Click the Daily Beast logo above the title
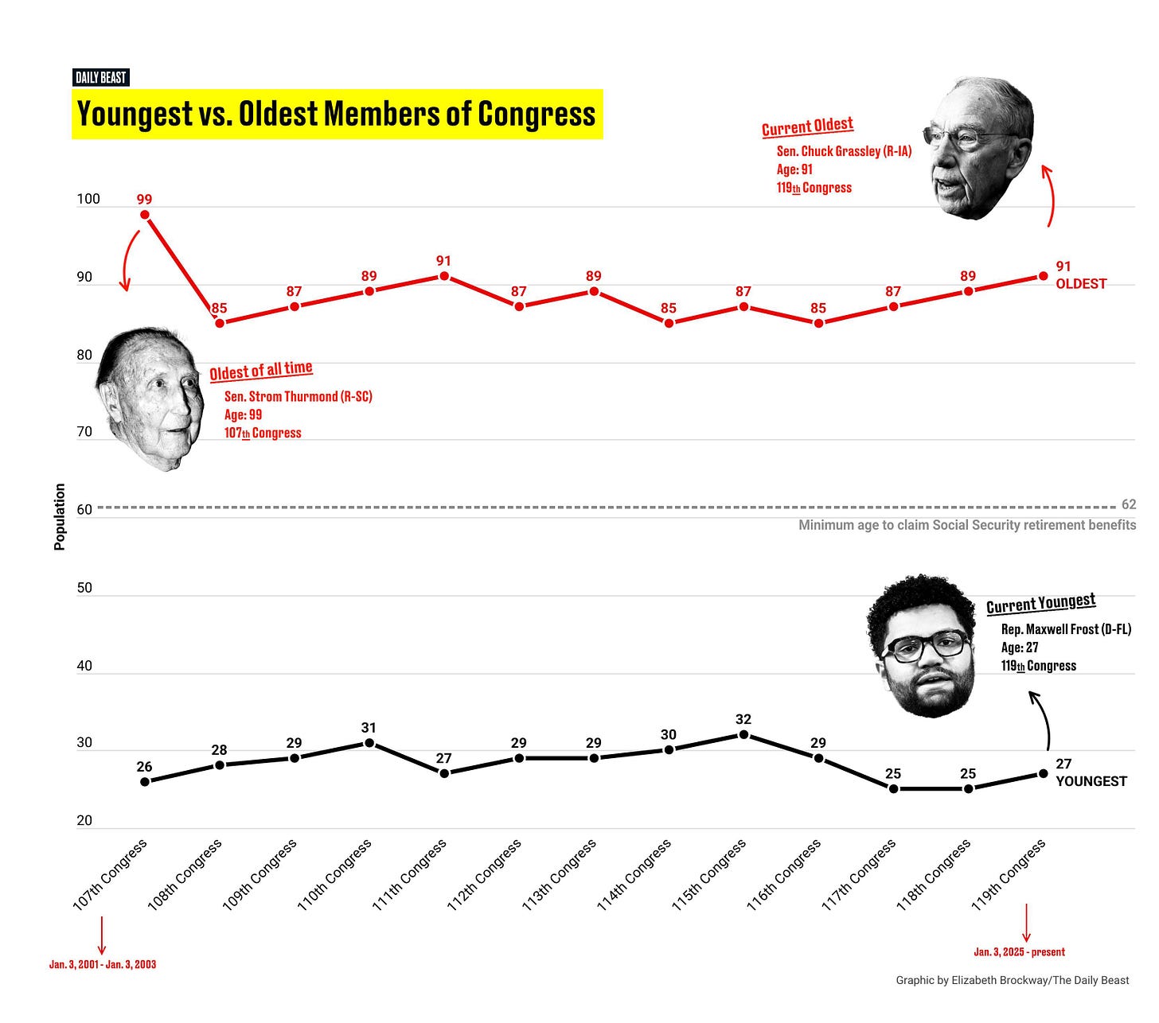pyautogui.click(x=100, y=78)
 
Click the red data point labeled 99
pyautogui.click(x=145, y=215)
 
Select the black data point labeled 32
pyautogui.click(x=743, y=734)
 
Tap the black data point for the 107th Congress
pyautogui.click(x=145, y=781)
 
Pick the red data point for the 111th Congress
pyautogui.click(x=444, y=276)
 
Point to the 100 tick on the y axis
pyautogui.click(x=88, y=199)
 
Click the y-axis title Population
pyautogui.click(x=60, y=516)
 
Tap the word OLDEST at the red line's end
pyautogui.click(x=1081, y=284)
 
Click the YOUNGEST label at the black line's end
pyautogui.click(x=1091, y=781)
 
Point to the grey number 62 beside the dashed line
pyautogui.click(x=1128, y=504)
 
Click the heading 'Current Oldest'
pyautogui.click(x=807, y=126)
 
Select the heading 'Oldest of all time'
pyautogui.click(x=261, y=370)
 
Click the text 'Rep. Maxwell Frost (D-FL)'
pyautogui.click(x=1066, y=629)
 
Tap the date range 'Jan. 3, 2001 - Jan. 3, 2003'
pyautogui.click(x=103, y=965)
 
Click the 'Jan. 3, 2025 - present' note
pyautogui.click(x=1019, y=952)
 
